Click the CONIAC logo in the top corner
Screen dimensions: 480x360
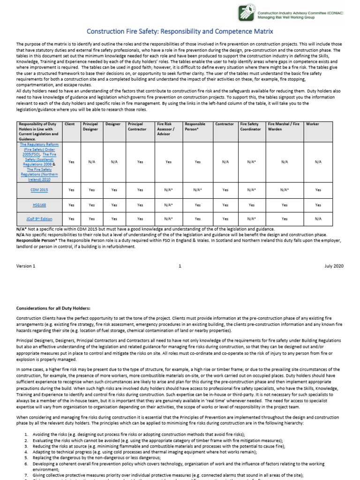tap(247, 12)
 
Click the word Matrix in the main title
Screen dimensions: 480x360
tap(260, 31)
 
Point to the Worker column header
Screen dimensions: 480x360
tap(312, 124)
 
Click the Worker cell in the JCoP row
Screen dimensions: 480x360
tap(318, 218)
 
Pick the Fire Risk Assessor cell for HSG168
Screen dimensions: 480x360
tap(169, 205)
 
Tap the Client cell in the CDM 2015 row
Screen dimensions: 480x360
tap(71, 190)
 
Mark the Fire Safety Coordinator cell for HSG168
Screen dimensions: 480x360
tap(252, 205)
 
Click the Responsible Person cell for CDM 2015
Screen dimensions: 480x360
tap(197, 190)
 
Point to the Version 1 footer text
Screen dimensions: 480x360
tap(26, 266)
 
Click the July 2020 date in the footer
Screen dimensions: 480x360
tap(334, 266)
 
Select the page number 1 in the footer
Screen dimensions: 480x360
tap(180, 266)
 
